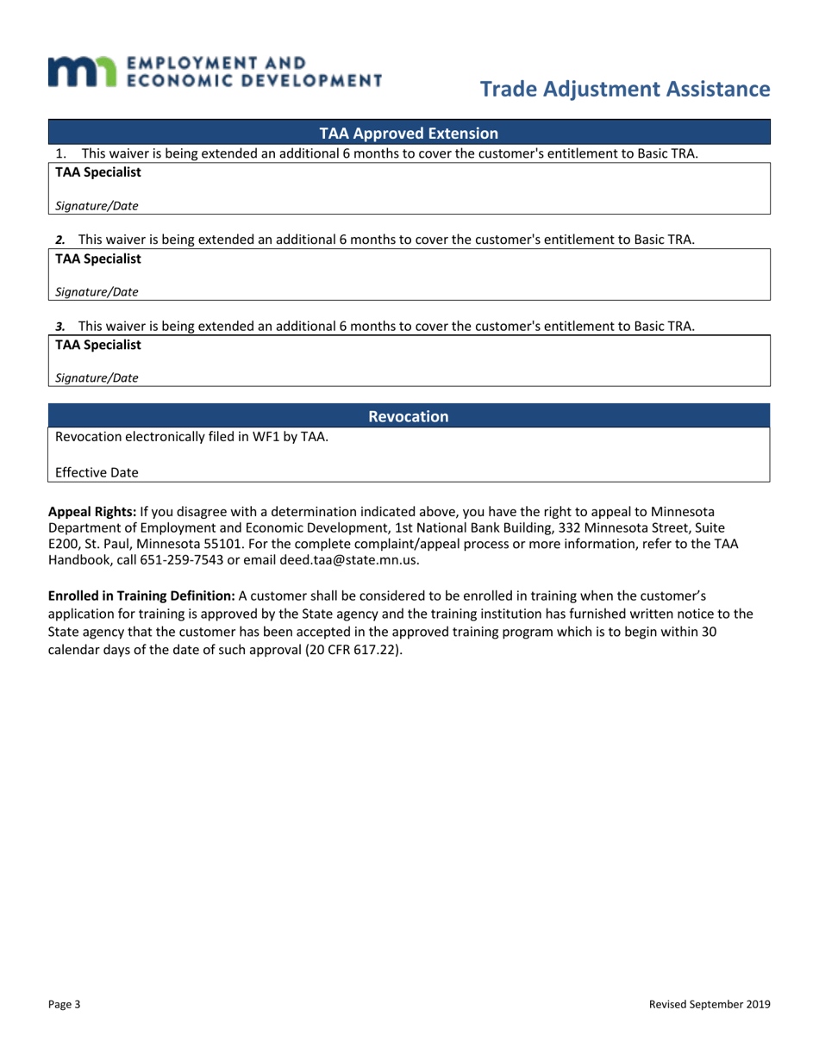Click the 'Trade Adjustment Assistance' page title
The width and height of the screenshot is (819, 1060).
[624, 89]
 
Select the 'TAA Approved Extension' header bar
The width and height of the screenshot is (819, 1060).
[409, 134]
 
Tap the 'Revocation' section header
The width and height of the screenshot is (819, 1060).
[409, 417]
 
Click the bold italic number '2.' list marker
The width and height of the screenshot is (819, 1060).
[60, 240]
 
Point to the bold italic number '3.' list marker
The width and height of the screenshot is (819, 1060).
[60, 327]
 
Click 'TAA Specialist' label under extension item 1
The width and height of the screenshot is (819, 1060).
[98, 173]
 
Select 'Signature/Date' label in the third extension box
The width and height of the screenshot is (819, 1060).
[97, 377]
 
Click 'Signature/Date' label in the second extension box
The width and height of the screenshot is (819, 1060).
[97, 292]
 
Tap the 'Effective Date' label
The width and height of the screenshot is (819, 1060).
[97, 473]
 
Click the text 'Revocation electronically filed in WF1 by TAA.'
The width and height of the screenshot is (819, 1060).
[191, 437]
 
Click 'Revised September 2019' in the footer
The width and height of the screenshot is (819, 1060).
[710, 1004]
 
